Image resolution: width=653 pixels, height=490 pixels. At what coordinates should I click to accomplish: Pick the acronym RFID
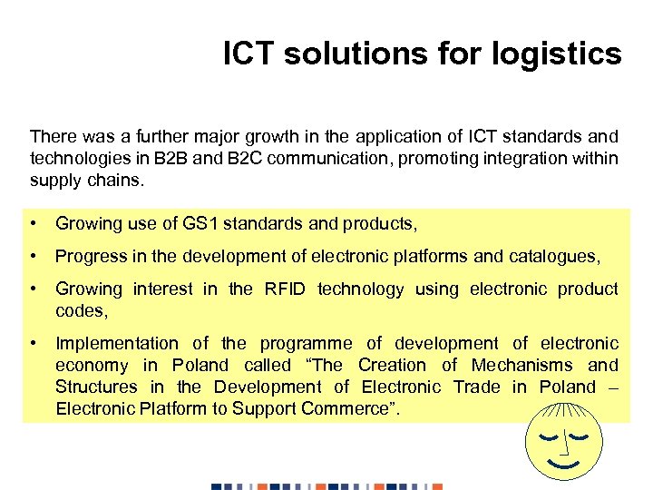point(285,289)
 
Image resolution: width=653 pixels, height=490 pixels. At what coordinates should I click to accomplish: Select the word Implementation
point(117,343)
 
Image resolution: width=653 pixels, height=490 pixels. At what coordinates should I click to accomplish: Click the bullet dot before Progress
point(34,256)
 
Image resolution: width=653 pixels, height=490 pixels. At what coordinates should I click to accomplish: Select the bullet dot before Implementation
point(34,343)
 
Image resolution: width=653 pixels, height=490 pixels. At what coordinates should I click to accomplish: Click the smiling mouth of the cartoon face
point(563,464)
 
